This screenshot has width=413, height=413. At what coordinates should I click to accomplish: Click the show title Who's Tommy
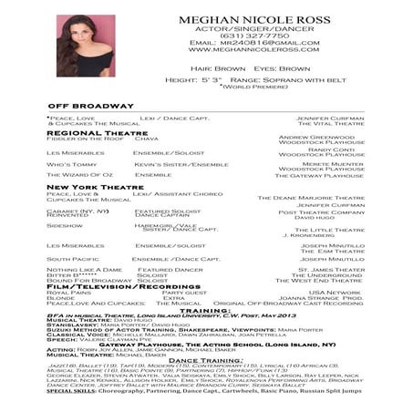click(70, 164)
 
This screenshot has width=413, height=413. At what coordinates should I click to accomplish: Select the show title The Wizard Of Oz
click(79, 174)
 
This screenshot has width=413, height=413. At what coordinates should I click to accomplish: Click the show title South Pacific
click(72, 259)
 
